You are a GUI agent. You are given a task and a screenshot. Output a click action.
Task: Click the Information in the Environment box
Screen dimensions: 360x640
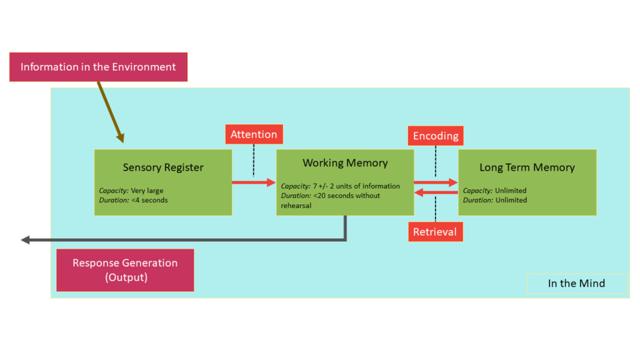[x=98, y=67]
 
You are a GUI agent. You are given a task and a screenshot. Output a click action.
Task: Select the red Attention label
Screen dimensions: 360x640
[x=254, y=134]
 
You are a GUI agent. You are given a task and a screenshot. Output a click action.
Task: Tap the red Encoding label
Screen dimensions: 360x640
[x=436, y=136]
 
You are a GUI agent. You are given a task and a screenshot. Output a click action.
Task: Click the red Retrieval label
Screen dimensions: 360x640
[x=435, y=232]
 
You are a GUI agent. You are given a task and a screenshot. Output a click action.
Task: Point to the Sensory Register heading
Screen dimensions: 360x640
[x=163, y=167]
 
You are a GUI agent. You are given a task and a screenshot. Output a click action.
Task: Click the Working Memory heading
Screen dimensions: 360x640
[x=345, y=163]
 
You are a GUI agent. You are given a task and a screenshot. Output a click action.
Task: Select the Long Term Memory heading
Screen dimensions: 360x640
[x=527, y=167]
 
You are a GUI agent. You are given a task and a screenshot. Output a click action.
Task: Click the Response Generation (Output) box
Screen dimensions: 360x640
[x=125, y=270]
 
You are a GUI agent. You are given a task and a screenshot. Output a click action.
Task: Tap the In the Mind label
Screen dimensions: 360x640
[x=576, y=283]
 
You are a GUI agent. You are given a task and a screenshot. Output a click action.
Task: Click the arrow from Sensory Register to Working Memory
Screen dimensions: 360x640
[x=254, y=182]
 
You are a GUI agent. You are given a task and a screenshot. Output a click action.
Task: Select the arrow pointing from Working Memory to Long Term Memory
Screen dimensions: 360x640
[x=436, y=182]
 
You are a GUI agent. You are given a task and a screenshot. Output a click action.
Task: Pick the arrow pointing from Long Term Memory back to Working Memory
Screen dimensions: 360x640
[x=436, y=192]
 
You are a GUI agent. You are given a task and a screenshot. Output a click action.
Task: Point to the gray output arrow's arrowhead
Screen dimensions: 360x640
[x=26, y=239]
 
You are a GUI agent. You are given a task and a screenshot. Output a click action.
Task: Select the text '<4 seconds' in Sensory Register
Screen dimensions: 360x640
[x=149, y=200]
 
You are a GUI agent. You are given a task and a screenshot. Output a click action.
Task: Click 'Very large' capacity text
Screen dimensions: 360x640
[x=147, y=191]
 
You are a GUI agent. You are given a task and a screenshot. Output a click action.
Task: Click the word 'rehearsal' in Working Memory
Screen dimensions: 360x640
[x=296, y=205]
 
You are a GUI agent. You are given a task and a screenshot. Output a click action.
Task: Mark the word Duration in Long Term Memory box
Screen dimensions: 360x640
[x=477, y=200]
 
